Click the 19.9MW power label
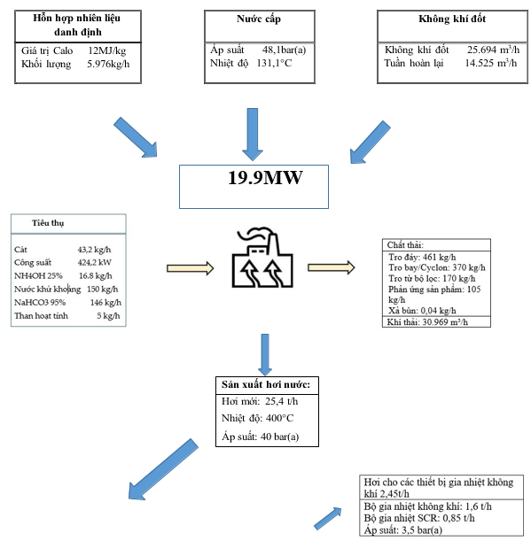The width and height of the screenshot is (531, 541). click(265, 178)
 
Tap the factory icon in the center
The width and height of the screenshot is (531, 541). click(262, 258)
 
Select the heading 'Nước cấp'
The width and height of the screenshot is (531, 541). click(259, 19)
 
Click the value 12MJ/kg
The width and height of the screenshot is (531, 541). click(107, 51)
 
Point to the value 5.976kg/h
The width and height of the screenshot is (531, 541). click(108, 64)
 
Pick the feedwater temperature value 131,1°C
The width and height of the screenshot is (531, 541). click(274, 63)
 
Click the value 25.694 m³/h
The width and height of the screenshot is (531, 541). click(494, 50)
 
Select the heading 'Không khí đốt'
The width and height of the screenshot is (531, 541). click(452, 19)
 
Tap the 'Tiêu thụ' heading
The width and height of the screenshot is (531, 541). click(48, 223)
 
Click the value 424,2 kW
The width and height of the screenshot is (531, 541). click(94, 263)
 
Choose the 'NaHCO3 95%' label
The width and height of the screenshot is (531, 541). click(40, 303)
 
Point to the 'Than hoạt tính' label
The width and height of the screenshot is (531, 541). click(41, 316)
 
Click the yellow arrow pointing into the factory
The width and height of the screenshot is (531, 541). click(190, 268)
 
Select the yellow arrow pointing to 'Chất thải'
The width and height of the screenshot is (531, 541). click(331, 267)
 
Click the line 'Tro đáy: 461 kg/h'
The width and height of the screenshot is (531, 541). click(422, 258)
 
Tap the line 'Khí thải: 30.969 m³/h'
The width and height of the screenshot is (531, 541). click(427, 322)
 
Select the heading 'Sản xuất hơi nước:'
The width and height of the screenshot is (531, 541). click(266, 384)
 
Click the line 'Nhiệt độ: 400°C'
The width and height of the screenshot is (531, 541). click(257, 419)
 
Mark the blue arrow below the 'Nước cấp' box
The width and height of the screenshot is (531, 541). click(253, 135)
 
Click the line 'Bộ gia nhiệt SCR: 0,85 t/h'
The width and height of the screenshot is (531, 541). click(419, 518)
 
